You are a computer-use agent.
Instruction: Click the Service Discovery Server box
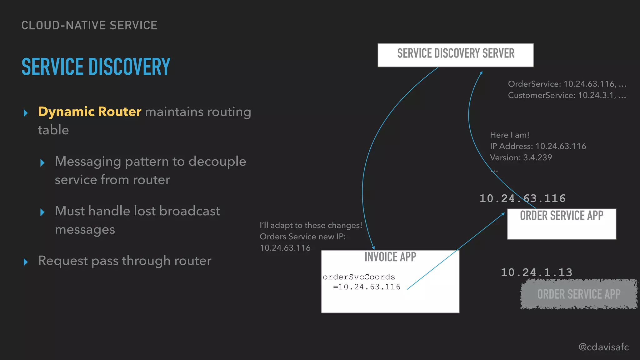tap(456, 55)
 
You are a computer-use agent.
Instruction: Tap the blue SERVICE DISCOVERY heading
tap(96, 67)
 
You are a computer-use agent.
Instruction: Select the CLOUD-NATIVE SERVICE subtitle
tap(89, 25)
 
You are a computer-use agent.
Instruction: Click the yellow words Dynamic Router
tap(90, 112)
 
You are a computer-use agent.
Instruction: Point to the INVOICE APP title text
tap(390, 257)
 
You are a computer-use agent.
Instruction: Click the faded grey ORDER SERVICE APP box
tap(579, 294)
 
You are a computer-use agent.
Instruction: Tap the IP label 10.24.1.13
tap(537, 272)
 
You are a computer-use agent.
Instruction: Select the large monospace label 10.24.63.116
tap(522, 198)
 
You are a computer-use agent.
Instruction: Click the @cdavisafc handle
tap(603, 347)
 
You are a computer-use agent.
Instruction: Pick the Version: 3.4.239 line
tap(521, 157)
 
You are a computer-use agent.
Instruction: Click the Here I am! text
tap(509, 135)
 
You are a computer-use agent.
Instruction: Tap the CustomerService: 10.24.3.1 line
tap(567, 95)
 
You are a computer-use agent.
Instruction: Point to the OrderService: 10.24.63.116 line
tap(567, 84)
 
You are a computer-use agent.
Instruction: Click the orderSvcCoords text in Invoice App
tap(359, 277)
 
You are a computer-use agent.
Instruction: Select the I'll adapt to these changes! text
tap(311, 225)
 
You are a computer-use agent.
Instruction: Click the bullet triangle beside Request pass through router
tap(26, 262)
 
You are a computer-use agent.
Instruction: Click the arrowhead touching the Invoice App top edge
tap(373, 248)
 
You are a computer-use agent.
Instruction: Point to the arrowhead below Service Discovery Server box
tap(481, 73)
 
